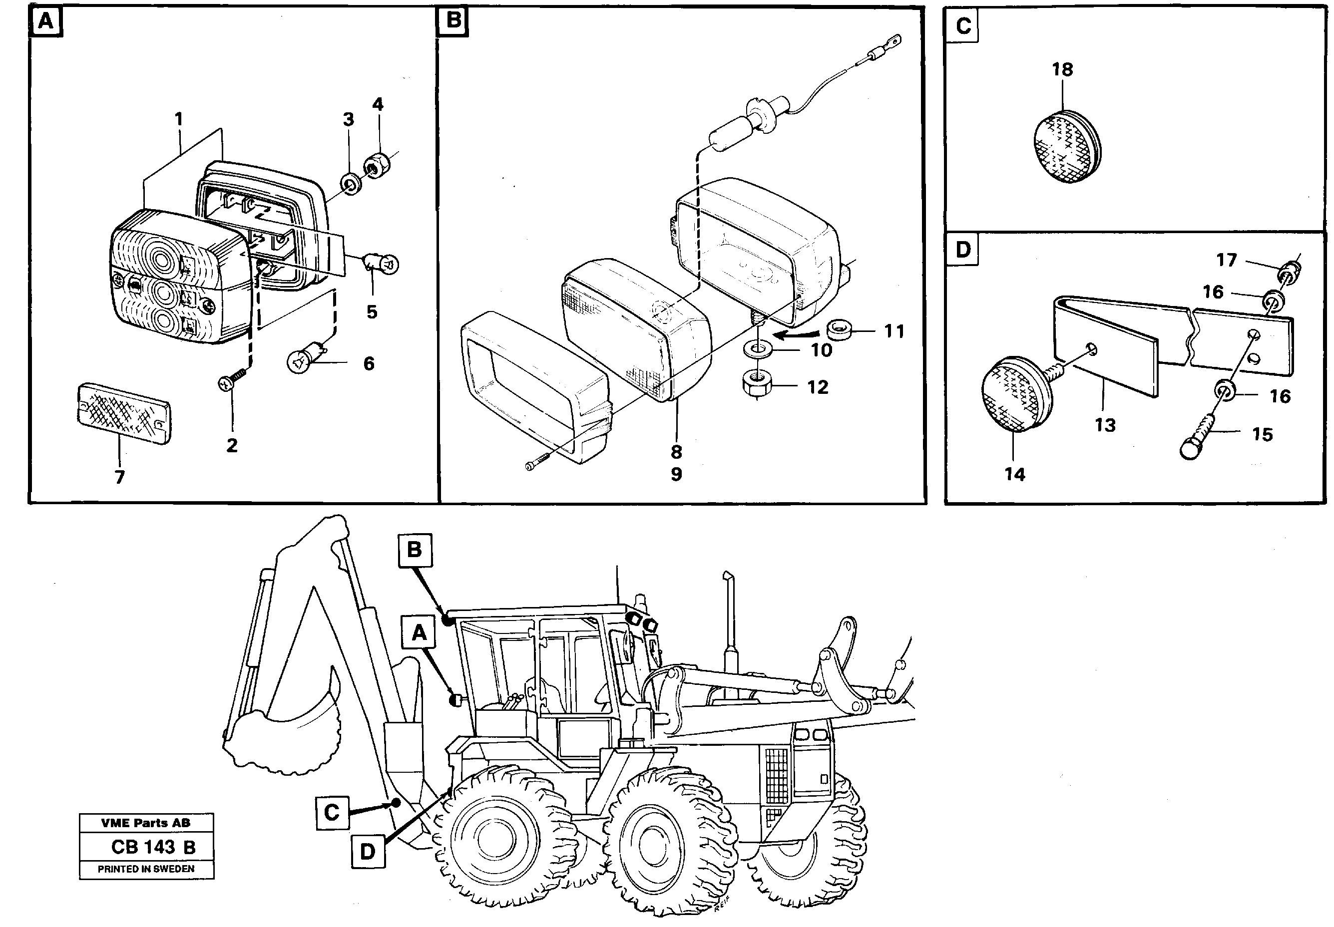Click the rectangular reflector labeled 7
click(124, 413)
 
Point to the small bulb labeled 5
click(381, 264)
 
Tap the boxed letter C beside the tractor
click(332, 812)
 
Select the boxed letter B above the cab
click(414, 550)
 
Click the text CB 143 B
click(153, 848)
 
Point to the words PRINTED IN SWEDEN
click(146, 870)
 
